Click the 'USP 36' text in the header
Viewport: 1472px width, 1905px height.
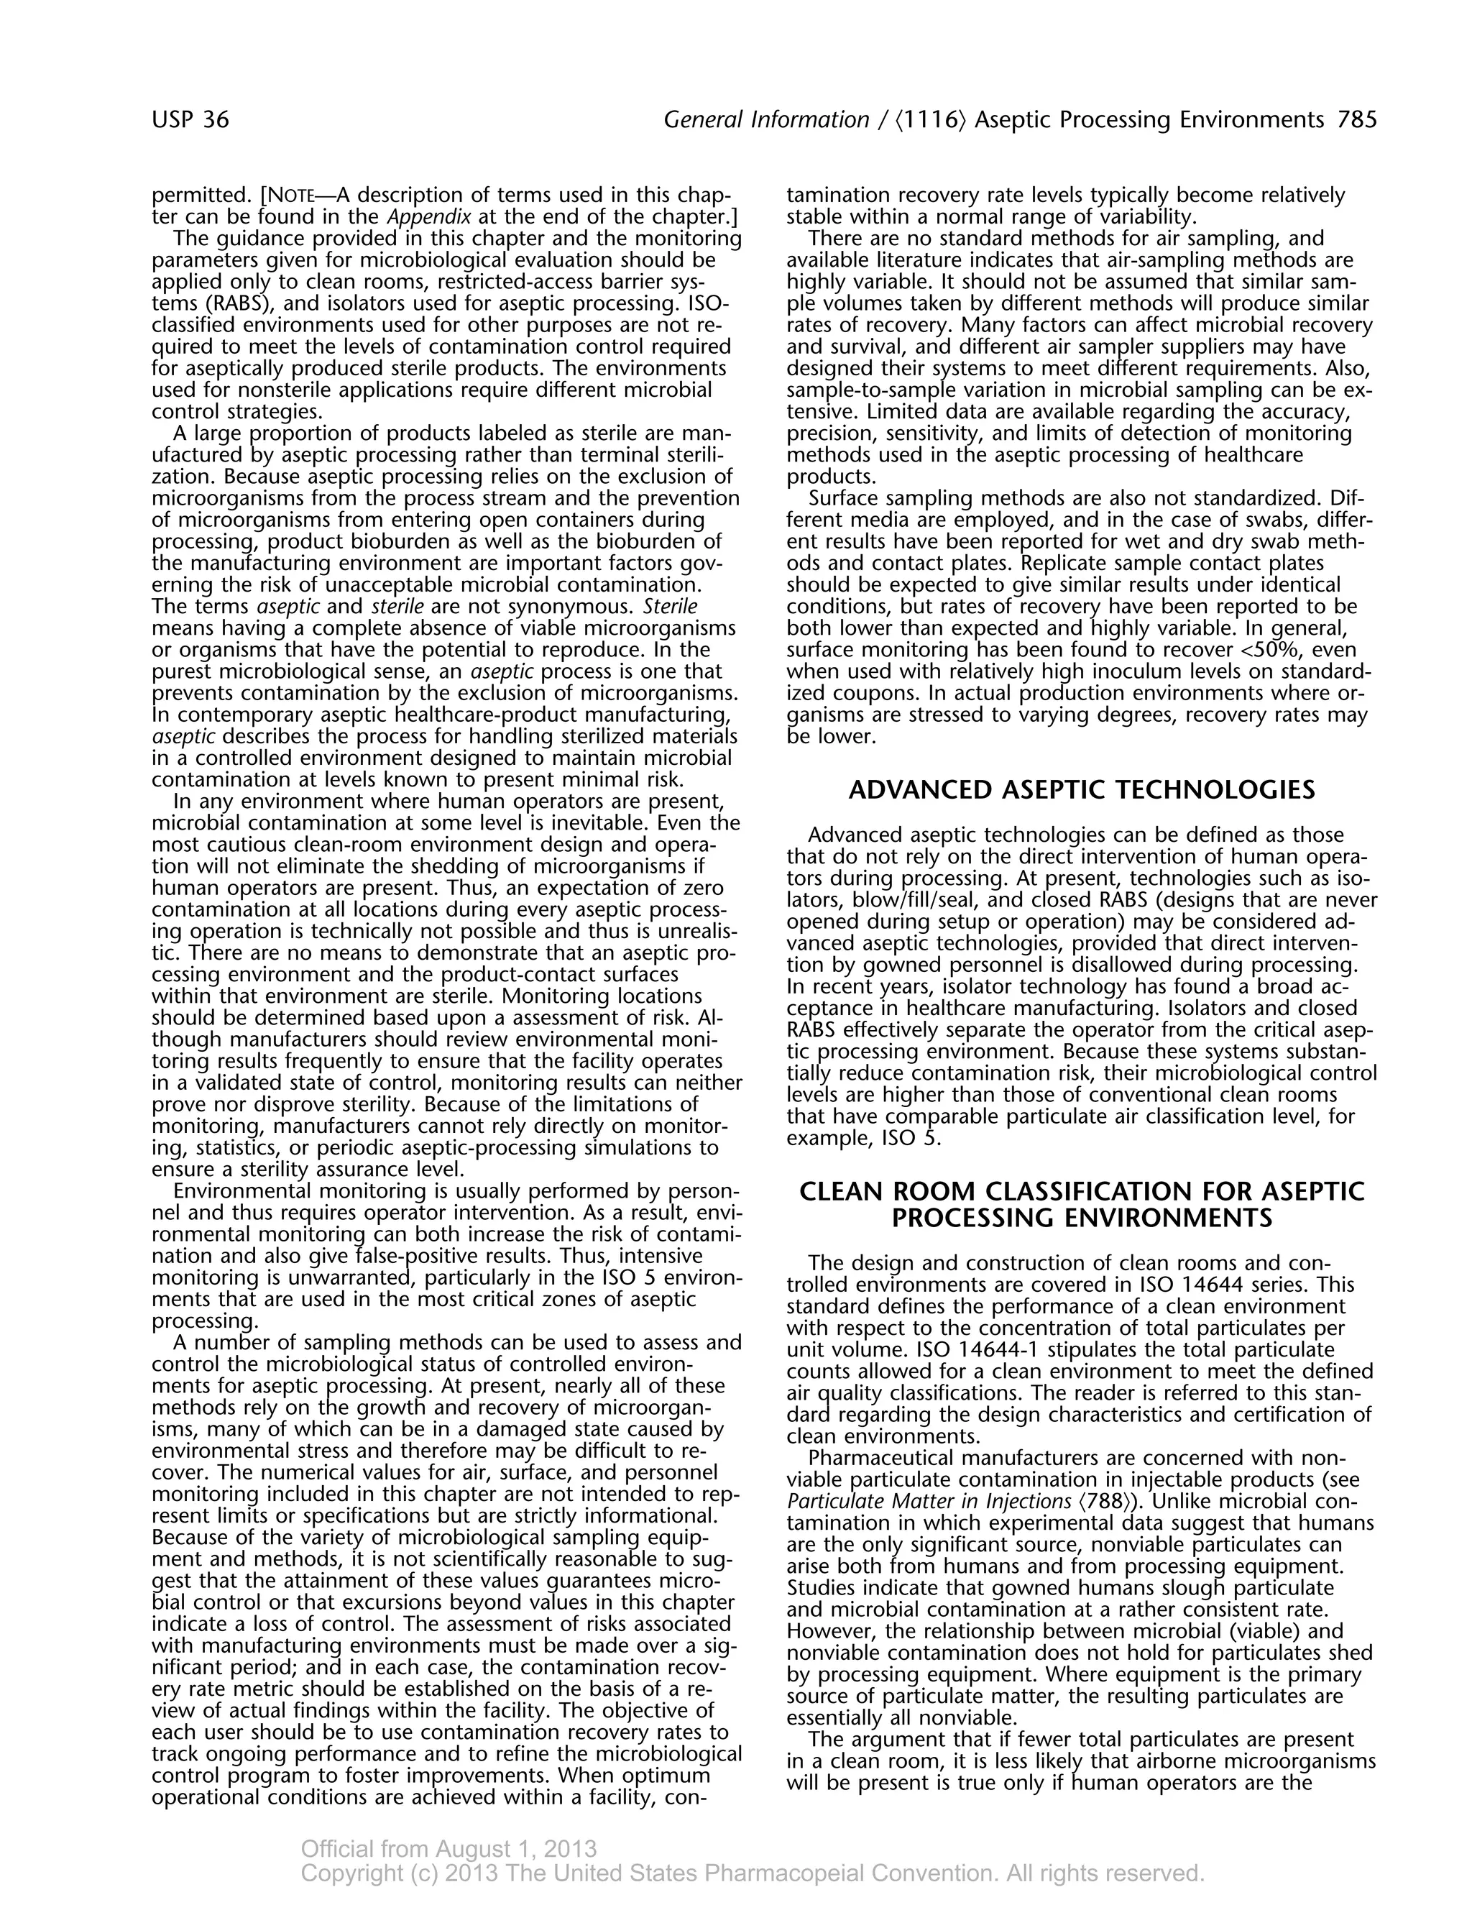[x=190, y=119]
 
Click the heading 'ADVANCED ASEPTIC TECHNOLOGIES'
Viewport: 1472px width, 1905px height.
[x=1081, y=790]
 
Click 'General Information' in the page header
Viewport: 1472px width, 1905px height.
[x=766, y=119]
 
